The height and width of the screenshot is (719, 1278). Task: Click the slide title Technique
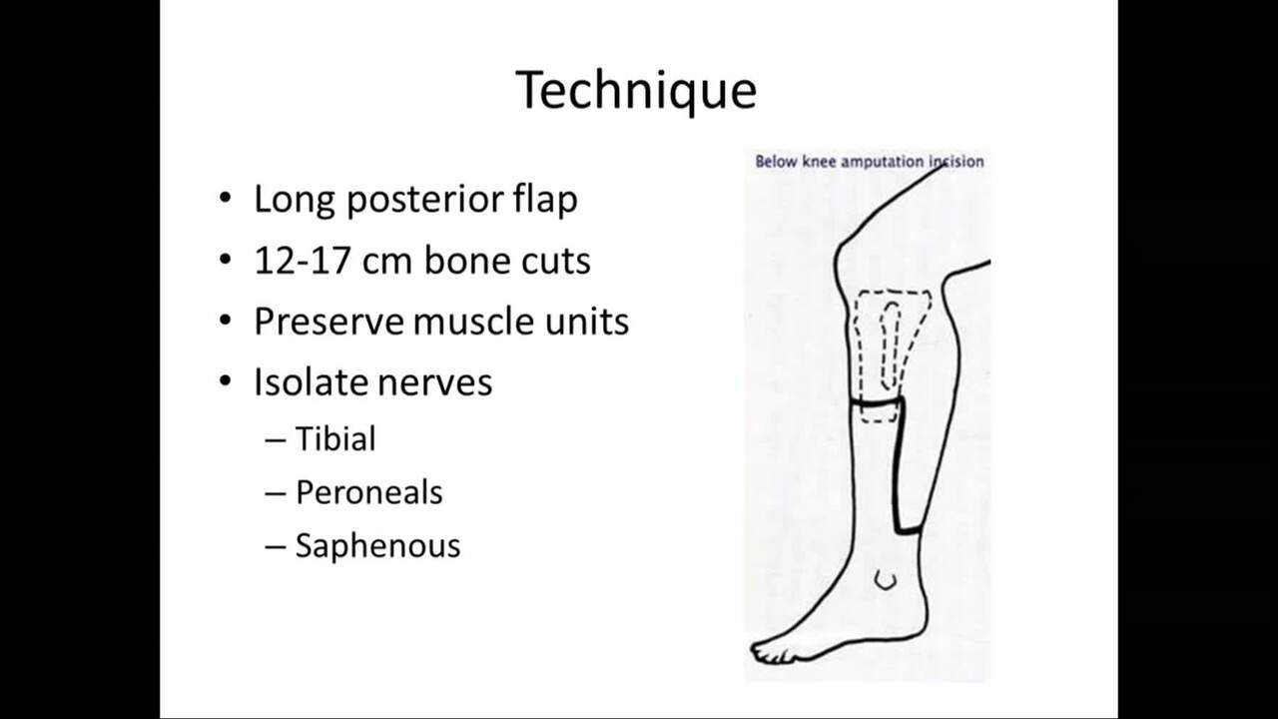(636, 90)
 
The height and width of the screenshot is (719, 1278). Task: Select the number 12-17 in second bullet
(303, 261)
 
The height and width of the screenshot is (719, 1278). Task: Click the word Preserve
(329, 322)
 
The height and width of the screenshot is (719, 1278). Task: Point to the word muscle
(474, 322)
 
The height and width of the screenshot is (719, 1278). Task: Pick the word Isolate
(311, 381)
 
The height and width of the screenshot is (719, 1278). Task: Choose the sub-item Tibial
(335, 438)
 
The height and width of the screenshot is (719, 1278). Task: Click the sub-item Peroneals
(368, 492)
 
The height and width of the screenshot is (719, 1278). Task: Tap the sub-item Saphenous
(377, 545)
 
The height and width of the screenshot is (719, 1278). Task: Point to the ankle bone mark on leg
(885, 580)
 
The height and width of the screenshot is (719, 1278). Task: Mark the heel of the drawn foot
(913, 625)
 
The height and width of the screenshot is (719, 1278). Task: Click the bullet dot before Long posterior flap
(226, 198)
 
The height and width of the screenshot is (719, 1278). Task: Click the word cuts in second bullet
(556, 261)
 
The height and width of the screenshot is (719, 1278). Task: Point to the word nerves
(434, 383)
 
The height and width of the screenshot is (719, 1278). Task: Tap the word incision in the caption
(957, 162)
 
